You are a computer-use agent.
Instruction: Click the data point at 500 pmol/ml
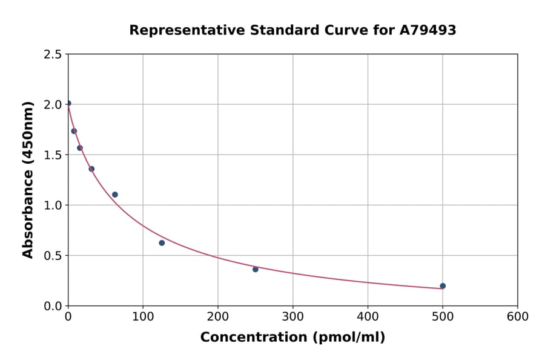(x=443, y=286)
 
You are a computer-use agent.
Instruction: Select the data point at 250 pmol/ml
(x=256, y=269)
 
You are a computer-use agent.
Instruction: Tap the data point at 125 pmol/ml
(x=162, y=243)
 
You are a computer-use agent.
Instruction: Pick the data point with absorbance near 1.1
(x=115, y=195)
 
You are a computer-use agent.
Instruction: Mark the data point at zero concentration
(x=68, y=103)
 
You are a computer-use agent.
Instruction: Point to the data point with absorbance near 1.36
(x=91, y=169)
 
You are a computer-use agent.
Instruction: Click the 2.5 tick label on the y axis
(x=53, y=55)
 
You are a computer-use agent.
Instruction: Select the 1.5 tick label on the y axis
(x=53, y=155)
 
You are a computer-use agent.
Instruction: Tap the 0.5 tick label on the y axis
(x=53, y=256)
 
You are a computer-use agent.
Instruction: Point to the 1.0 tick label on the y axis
(x=53, y=205)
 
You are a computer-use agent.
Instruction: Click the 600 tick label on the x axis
(x=518, y=317)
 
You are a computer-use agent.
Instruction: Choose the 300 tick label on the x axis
(x=293, y=317)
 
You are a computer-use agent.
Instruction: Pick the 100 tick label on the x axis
(x=143, y=317)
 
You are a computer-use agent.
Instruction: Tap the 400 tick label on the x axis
(x=368, y=317)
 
